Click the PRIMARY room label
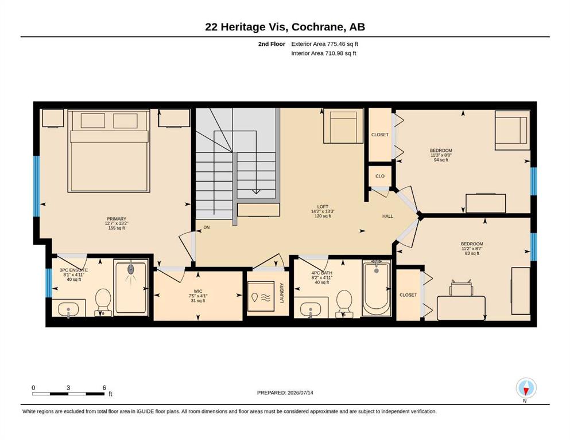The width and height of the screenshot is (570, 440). tap(117, 219)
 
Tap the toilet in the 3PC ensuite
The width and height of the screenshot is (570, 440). tap(103, 301)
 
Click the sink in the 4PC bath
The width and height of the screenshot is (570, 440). tap(311, 309)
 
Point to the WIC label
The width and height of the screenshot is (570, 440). tap(198, 291)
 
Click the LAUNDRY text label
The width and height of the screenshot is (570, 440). tap(281, 293)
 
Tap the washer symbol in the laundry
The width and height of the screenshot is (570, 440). tap(261, 296)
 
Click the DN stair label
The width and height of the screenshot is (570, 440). tap(207, 227)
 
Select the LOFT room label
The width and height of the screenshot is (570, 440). tap(323, 207)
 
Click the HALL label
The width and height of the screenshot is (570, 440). tap(387, 216)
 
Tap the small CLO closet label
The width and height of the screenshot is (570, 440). tap(380, 176)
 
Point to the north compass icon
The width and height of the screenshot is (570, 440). tap(526, 388)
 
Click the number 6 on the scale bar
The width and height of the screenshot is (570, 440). tap(104, 387)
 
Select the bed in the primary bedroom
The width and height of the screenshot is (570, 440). tap(108, 151)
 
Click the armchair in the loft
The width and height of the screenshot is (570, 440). tap(343, 126)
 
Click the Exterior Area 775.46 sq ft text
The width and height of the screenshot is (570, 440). tap(325, 44)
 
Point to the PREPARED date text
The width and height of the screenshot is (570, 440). tap(285, 392)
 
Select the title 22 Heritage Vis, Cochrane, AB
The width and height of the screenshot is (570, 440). tap(285, 27)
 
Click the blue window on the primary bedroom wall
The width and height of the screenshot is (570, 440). tap(36, 186)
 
